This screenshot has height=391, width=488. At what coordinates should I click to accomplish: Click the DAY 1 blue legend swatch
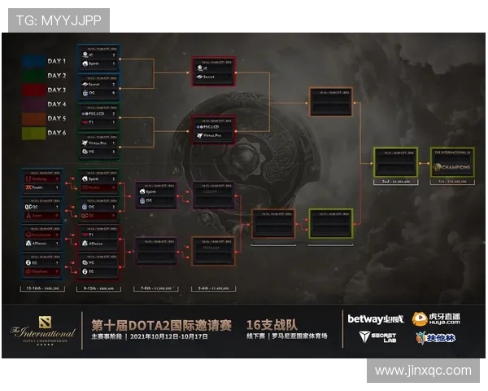tap(34, 61)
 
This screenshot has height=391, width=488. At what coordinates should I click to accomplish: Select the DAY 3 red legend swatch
tap(34, 90)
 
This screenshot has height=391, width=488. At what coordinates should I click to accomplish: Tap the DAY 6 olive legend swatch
tap(34, 133)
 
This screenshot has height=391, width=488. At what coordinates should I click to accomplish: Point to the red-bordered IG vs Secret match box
tap(213, 71)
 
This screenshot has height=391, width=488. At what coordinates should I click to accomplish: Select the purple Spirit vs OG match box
tap(155, 195)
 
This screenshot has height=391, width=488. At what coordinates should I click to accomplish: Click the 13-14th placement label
tap(41, 288)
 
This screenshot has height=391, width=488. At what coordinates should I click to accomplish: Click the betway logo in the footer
tap(375, 319)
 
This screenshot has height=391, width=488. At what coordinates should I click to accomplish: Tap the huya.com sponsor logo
tap(435, 319)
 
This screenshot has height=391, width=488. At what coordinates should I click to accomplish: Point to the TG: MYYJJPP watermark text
tap(55, 20)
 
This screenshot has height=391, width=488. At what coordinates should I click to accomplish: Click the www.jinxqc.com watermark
tap(423, 371)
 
